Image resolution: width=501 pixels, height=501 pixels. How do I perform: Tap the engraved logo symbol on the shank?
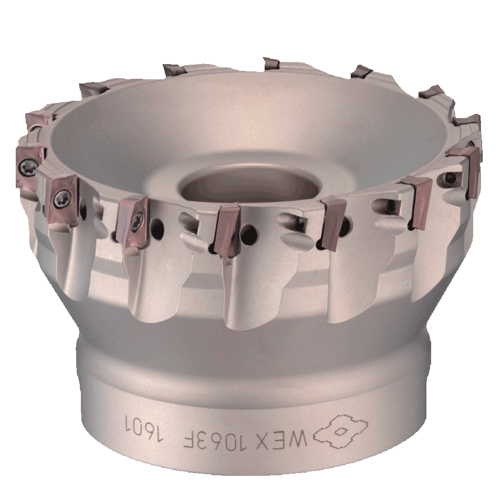pos(340,431)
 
